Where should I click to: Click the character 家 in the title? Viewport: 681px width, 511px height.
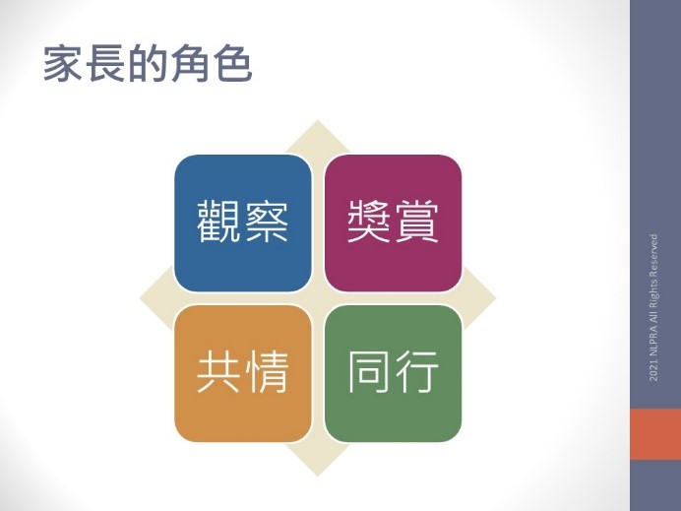[x=63, y=63]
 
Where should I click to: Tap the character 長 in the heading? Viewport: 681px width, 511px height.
[x=105, y=63]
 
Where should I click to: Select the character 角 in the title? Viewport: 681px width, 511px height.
[x=190, y=63]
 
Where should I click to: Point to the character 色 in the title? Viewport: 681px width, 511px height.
[x=233, y=63]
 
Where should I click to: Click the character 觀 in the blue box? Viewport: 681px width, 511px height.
[x=218, y=222]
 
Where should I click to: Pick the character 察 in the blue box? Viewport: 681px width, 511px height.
[x=266, y=222]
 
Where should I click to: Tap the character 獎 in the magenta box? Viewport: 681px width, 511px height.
[x=369, y=222]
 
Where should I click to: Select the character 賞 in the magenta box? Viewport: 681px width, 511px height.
[x=416, y=222]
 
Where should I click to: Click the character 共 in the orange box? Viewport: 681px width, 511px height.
[x=218, y=372]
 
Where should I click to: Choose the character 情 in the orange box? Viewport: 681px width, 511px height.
[x=266, y=372]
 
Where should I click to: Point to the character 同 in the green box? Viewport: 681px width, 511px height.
[x=369, y=372]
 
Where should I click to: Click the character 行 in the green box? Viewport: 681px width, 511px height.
[x=416, y=372]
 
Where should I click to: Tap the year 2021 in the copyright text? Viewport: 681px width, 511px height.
[x=653, y=373]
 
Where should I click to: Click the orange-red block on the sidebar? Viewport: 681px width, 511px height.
[x=655, y=433]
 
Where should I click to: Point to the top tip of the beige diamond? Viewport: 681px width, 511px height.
[x=318, y=120]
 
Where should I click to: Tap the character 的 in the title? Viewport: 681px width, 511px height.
[x=148, y=63]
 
